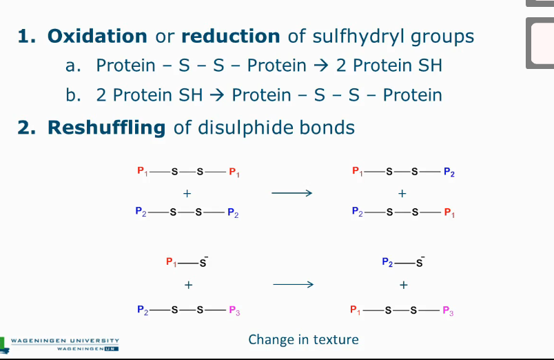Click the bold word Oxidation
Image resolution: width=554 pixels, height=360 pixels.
coord(96,36)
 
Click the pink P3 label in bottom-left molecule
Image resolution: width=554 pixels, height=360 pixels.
coord(234,310)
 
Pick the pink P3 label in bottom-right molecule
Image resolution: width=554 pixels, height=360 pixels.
coord(448,310)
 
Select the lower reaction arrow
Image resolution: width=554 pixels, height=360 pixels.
coord(293,284)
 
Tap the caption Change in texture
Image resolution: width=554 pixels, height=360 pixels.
coord(303,339)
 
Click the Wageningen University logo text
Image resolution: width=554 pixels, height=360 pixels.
coord(65,341)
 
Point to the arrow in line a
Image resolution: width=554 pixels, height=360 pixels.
coord(320,66)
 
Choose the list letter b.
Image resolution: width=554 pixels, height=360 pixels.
coord(72,95)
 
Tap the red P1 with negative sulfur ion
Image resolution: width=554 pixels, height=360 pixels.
coord(172,262)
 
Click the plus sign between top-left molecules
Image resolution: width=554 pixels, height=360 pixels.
coord(187,193)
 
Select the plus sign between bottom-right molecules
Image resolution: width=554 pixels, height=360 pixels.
coord(403,284)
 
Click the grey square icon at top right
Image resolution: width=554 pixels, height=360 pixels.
coord(541,43)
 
